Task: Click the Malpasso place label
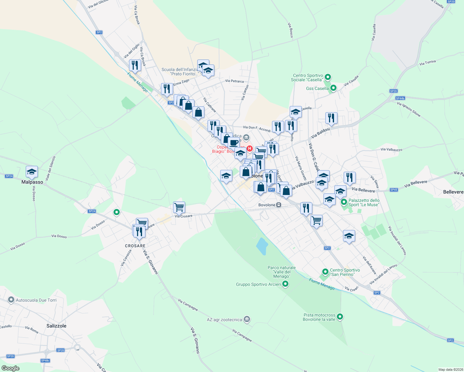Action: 32,182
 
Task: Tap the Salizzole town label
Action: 56,326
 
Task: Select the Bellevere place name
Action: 453,192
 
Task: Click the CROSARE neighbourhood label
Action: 135,246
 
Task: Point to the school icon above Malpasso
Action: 32,172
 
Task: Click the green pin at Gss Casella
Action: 333,88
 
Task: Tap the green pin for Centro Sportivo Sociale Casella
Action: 328,77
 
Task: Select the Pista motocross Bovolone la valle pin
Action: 340,317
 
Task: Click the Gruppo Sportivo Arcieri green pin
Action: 286,284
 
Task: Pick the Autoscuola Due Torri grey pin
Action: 11,300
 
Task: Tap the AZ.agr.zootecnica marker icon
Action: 247,319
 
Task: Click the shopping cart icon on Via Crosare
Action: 179,207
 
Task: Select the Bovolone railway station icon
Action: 279,205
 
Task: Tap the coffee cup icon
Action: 234,143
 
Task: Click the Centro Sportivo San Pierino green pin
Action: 325,272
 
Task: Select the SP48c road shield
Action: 45,361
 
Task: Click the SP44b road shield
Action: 400,98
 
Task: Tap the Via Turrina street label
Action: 427,63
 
